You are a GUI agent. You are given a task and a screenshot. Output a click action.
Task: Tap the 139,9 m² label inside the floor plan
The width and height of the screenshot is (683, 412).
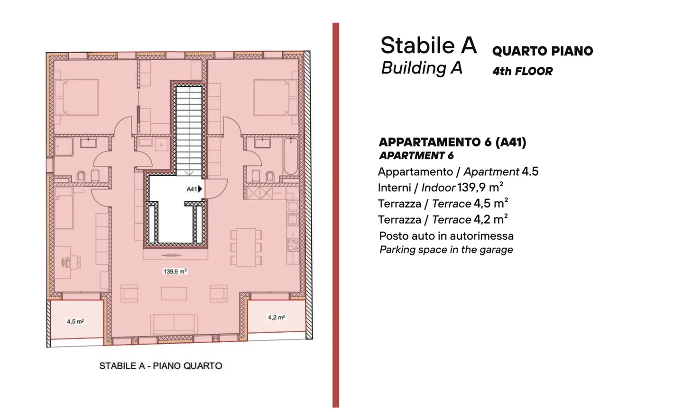click(175, 272)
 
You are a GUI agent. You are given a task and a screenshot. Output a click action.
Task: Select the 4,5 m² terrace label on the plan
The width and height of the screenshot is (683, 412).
click(75, 321)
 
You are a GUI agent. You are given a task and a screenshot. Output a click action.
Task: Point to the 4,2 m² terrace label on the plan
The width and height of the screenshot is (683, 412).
click(277, 318)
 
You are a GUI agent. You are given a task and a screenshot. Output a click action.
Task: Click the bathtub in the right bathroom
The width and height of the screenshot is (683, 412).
click(291, 156)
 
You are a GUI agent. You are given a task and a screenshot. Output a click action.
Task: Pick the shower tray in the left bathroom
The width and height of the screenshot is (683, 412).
click(64, 147)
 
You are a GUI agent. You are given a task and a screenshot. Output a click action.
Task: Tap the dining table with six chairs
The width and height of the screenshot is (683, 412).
click(246, 247)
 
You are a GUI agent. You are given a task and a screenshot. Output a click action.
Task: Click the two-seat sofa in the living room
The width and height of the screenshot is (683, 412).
click(174, 324)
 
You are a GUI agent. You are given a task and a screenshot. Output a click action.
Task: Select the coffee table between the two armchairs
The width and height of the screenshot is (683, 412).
click(174, 294)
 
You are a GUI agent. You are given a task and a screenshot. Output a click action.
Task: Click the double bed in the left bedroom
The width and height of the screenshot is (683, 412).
click(77, 98)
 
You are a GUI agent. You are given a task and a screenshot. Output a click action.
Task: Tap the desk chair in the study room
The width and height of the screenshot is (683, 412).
click(66, 262)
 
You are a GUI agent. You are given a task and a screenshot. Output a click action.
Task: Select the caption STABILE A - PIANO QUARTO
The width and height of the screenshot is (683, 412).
click(161, 365)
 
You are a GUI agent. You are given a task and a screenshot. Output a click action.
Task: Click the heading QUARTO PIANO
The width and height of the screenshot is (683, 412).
click(543, 51)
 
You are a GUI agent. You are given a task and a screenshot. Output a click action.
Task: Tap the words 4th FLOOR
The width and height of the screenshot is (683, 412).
click(523, 71)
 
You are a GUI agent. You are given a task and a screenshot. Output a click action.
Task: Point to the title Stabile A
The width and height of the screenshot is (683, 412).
click(428, 45)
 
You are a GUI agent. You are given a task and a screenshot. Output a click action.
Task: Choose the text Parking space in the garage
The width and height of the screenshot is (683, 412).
click(446, 250)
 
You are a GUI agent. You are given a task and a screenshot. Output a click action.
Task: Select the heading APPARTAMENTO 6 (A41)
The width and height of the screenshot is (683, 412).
click(452, 142)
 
